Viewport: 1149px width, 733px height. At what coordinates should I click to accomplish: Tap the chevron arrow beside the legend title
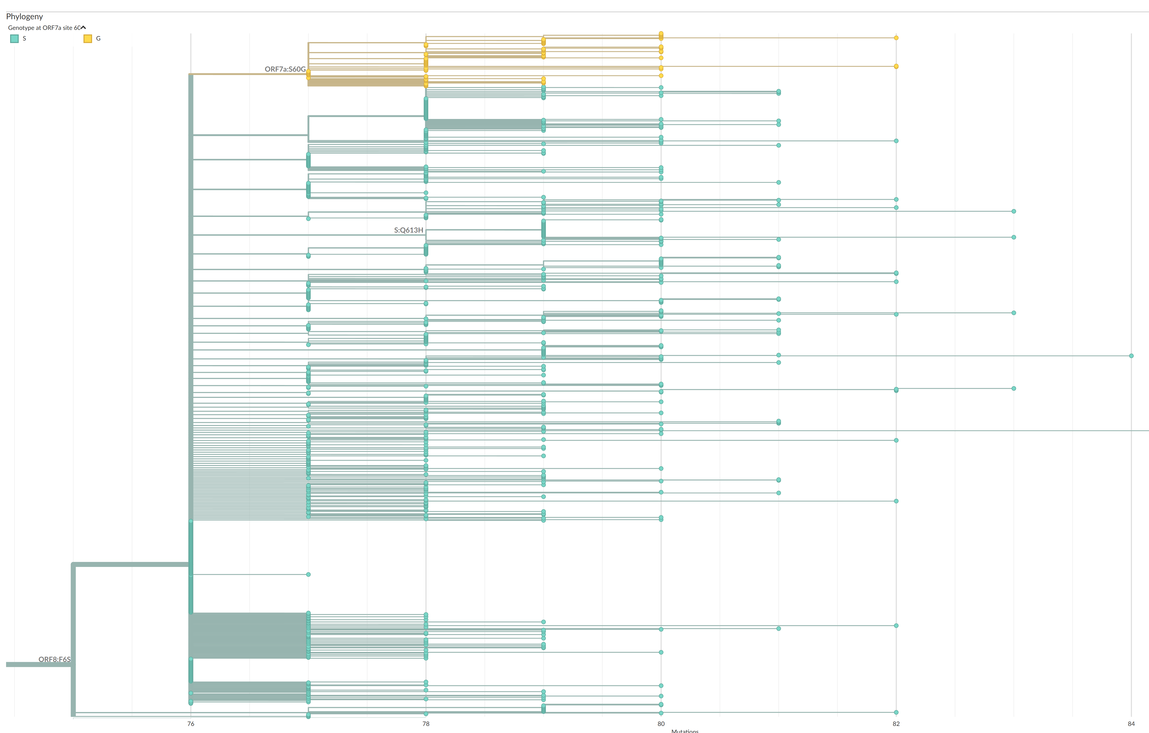pyautogui.click(x=83, y=28)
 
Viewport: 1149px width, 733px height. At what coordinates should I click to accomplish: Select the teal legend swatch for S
pyautogui.click(x=14, y=39)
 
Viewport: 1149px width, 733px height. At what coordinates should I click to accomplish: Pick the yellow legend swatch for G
pyautogui.click(x=88, y=39)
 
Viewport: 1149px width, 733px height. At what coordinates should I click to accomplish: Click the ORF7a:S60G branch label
pyautogui.click(x=285, y=69)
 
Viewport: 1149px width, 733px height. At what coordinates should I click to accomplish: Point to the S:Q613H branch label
pyautogui.click(x=409, y=230)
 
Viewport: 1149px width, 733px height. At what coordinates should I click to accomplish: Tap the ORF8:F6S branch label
pyautogui.click(x=54, y=659)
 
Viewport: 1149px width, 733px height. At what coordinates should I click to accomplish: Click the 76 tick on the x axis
pyautogui.click(x=191, y=724)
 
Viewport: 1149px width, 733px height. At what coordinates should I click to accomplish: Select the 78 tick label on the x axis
pyautogui.click(x=426, y=724)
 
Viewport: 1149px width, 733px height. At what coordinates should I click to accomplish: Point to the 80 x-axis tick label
pyautogui.click(x=661, y=724)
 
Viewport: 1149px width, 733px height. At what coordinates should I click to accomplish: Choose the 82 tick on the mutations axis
pyautogui.click(x=896, y=724)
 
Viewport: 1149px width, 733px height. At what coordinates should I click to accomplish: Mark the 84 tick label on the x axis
pyautogui.click(x=1131, y=724)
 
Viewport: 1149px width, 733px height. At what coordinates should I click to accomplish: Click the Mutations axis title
pyautogui.click(x=685, y=731)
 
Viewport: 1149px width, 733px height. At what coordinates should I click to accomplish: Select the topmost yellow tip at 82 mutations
pyautogui.click(x=896, y=38)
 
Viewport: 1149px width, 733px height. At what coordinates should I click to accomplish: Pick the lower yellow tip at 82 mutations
pyautogui.click(x=896, y=66)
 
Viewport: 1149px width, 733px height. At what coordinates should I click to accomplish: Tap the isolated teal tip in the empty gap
pyautogui.click(x=308, y=575)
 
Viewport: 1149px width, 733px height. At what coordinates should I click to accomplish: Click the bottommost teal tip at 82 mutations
pyautogui.click(x=896, y=712)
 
